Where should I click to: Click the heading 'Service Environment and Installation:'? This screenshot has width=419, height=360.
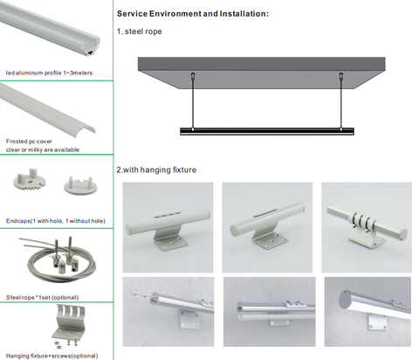pos(193,14)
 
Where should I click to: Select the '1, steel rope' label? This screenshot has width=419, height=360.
pos(140,31)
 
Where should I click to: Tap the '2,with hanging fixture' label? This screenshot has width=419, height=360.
pos(156,170)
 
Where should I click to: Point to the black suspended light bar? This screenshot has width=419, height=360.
pos(267,131)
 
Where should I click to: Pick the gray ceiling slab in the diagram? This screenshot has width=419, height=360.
pos(262,73)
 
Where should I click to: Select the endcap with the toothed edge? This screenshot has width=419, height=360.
pos(30,179)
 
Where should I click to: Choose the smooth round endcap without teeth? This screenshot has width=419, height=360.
pos(80,185)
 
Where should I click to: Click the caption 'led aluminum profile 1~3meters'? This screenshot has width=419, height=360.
pos(49,73)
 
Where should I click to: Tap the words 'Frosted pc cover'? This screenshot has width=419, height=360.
pos(29,142)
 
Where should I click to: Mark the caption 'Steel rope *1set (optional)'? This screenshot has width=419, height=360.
pos(43,298)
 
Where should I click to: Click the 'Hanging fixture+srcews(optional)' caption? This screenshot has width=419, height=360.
pos(52,356)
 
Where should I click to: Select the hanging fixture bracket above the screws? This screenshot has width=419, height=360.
pos(69,322)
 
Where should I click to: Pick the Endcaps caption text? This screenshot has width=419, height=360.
pos(56,221)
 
